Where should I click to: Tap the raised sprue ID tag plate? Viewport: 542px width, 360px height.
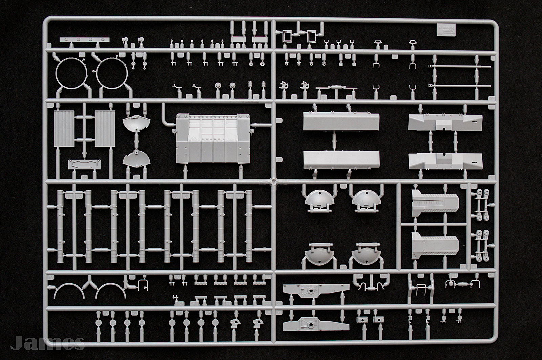click(x=445, y=30)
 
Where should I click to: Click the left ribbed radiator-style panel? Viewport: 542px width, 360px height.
click(x=64, y=128)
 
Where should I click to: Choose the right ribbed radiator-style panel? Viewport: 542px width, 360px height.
click(x=104, y=128)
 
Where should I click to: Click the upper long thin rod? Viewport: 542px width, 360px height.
click(x=461, y=67)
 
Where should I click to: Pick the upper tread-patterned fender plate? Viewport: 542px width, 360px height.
click(x=435, y=203)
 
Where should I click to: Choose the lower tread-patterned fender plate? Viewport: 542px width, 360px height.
click(x=435, y=245)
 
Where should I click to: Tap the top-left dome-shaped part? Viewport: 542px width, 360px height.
click(x=317, y=200)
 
